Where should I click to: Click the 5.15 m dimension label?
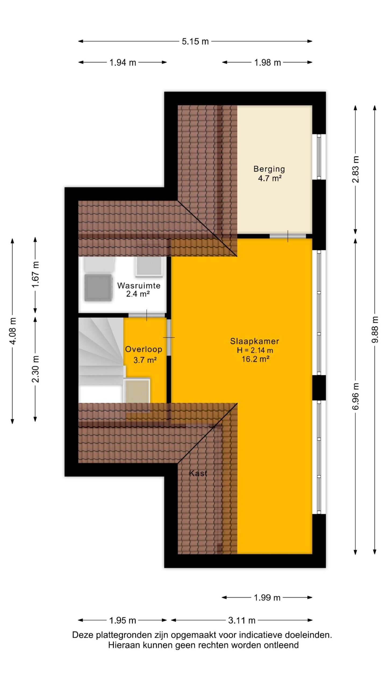(195, 41)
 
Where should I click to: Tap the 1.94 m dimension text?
(123, 63)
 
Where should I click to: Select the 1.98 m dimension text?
(267, 63)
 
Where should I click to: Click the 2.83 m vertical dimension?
(355, 169)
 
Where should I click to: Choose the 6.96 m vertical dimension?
(355, 396)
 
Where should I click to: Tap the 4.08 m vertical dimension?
(12, 331)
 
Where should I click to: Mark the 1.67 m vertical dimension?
(35, 274)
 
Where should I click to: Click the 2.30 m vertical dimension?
(35, 369)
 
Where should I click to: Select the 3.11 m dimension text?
(242, 620)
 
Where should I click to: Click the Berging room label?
(269, 169)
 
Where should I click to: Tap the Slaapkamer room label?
(255, 341)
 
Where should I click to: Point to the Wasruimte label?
(139, 285)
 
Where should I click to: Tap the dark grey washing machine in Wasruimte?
(98, 287)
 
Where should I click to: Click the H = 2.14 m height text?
(255, 350)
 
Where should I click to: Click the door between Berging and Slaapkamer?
(288, 236)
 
